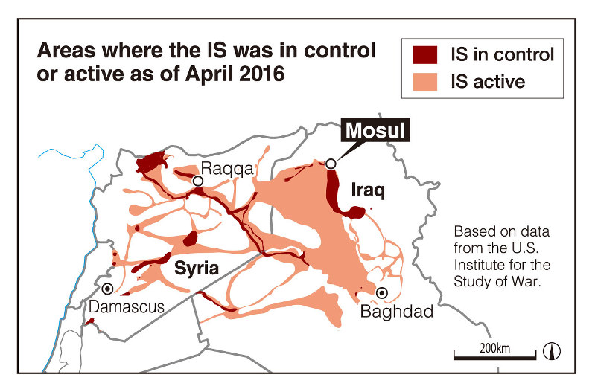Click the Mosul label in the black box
click(376, 132)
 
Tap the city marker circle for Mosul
click(331, 164)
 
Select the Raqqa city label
click(228, 169)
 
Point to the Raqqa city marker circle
click(198, 181)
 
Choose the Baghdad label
click(396, 312)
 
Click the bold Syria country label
click(196, 269)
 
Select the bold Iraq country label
click(368, 192)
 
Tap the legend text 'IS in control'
click(503, 54)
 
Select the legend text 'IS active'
click(489, 80)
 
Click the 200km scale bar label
click(495, 348)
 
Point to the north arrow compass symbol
click(553, 350)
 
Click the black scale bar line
click(494, 359)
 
